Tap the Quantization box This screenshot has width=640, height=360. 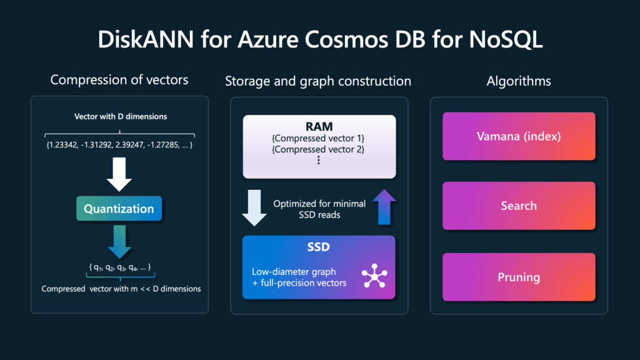[119, 209]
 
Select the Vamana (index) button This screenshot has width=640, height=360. [519, 136]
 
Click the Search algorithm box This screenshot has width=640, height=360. [519, 206]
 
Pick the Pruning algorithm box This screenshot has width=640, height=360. [519, 277]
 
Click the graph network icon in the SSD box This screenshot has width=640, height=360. [374, 276]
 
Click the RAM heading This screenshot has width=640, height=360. [319, 125]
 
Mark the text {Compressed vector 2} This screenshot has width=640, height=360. [319, 149]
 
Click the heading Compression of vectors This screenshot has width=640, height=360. [119, 80]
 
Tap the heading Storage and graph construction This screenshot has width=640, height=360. [318, 81]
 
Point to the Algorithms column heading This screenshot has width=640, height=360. [519, 81]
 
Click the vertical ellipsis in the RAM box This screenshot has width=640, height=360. [319, 161]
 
